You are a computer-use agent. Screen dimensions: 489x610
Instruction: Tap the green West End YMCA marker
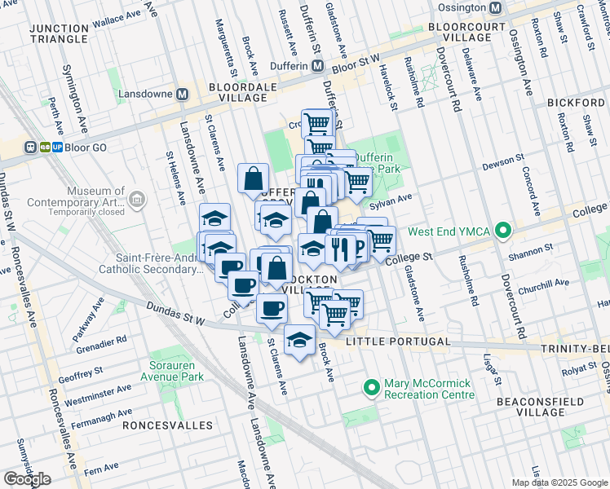(503, 231)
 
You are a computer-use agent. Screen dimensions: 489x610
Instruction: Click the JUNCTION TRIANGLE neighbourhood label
(58, 33)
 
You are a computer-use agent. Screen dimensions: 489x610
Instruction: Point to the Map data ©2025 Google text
(559, 482)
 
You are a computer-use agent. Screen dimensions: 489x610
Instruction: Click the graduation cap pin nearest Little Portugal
(299, 340)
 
